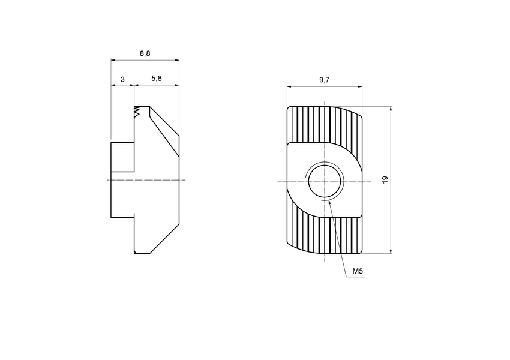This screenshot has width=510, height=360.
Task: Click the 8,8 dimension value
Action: [145, 53]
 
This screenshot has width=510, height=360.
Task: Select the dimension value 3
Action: [122, 79]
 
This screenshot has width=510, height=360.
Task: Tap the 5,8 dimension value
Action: [156, 79]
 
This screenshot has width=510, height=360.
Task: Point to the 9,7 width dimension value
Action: [324, 80]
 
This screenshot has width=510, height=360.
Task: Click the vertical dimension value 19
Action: [385, 179]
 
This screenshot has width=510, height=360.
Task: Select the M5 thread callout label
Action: [358, 272]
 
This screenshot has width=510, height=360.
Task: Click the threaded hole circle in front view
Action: [325, 181]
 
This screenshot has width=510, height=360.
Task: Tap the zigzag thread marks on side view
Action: [138, 112]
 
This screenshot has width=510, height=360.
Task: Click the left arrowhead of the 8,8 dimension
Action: [113, 60]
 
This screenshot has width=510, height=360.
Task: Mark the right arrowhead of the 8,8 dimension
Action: [177, 60]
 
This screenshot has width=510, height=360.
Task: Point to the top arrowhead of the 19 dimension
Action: [391, 109]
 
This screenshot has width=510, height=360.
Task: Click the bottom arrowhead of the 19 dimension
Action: [391, 251]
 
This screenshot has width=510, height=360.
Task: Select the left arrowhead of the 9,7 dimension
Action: [289, 86]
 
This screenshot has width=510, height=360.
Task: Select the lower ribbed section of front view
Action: [324, 234]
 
